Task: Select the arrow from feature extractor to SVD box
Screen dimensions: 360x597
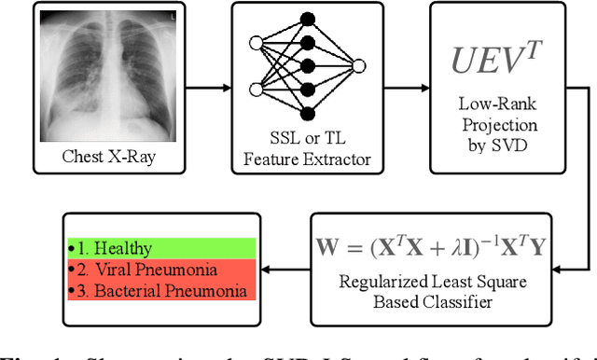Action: pyautogui.click(x=407, y=90)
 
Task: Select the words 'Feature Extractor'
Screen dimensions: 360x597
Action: pyautogui.click(x=307, y=160)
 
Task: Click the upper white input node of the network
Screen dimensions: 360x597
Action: pyautogui.click(x=255, y=42)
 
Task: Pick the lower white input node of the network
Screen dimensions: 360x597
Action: pyautogui.click(x=255, y=90)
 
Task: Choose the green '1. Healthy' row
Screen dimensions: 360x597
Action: pyautogui.click(x=160, y=249)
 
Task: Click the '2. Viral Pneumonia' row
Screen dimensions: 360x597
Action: pyautogui.click(x=160, y=270)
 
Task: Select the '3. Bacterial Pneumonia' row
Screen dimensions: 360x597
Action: pyautogui.click(x=160, y=291)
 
